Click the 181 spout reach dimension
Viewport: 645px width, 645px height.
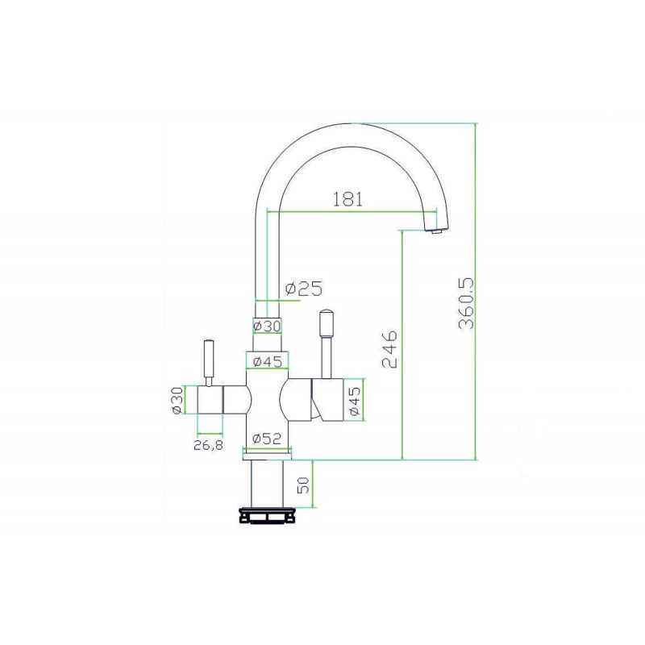point(347,199)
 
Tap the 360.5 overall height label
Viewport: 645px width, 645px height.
point(466,304)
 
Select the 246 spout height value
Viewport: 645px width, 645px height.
point(389,348)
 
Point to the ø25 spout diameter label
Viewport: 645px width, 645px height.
point(304,288)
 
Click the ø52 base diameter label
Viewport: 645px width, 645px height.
point(268,439)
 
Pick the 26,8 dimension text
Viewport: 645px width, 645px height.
point(209,445)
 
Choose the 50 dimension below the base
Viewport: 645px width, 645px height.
point(303,485)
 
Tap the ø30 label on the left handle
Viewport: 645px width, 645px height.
point(177,400)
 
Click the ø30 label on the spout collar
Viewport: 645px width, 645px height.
point(268,327)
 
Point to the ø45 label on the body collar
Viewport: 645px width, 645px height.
point(268,361)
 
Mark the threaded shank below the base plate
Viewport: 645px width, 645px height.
point(267,484)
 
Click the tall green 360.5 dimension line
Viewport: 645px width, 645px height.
point(476,291)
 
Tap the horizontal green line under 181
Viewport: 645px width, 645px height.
point(352,212)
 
